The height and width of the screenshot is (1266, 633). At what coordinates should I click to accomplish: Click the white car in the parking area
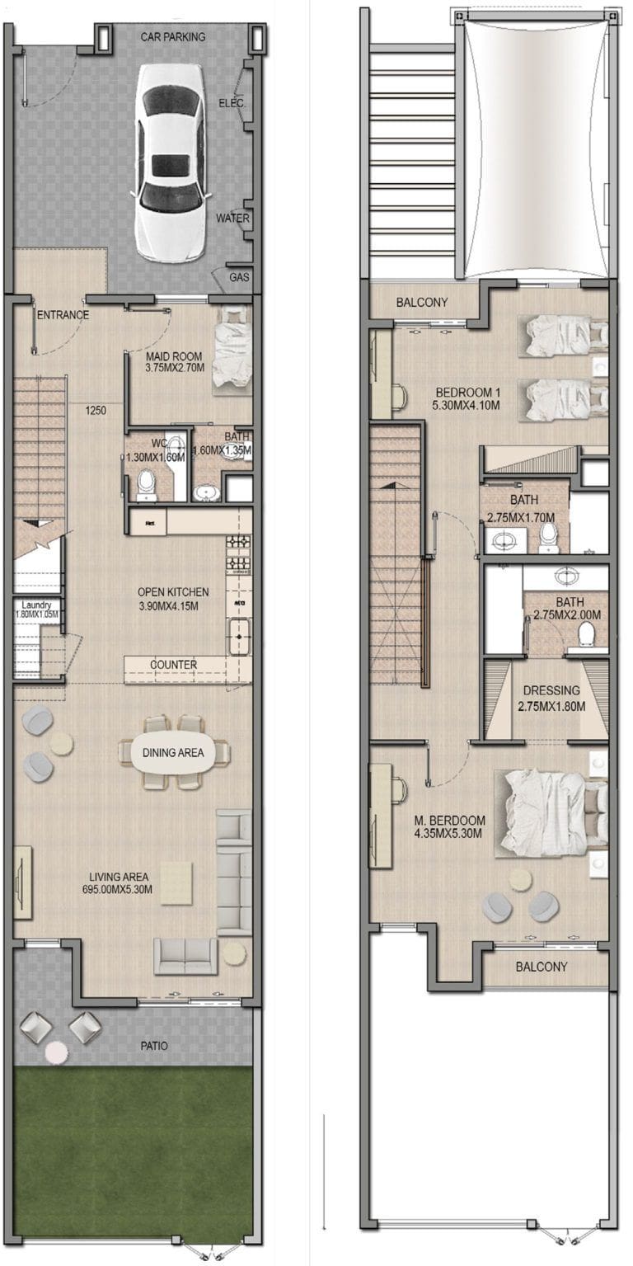coord(171,161)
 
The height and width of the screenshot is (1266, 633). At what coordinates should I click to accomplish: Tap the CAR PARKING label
coord(173,37)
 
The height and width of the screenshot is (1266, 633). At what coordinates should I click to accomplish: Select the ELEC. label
coord(231,104)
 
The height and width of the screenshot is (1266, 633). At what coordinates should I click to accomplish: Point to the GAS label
coord(239,277)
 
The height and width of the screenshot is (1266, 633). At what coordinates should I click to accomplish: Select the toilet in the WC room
coord(148,483)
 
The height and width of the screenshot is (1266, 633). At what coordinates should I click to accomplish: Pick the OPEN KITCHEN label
coord(173,592)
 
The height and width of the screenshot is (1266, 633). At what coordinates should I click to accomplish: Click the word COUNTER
coord(173,665)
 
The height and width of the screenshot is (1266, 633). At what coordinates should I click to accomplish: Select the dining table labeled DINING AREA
coord(173,752)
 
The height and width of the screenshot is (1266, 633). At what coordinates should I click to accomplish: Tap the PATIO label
coord(153,1046)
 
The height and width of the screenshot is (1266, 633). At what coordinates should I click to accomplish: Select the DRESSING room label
coord(551,690)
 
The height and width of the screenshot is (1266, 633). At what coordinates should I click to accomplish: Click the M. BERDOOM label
coord(449,821)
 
